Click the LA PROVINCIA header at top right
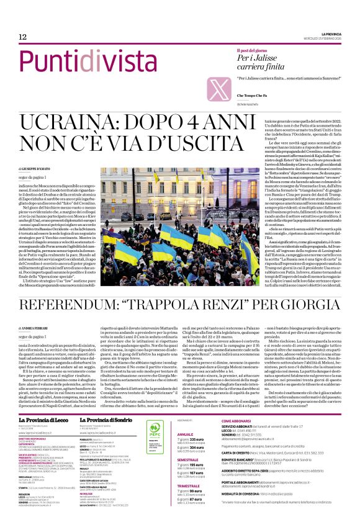327,33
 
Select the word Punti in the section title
43,62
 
